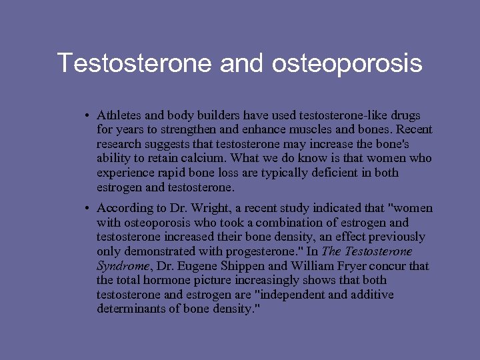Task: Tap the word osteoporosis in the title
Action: coord(347,63)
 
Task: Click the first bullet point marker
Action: coord(87,115)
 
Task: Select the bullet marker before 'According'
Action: coord(87,209)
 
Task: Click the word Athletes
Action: coord(119,115)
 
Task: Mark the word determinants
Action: coord(131,309)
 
